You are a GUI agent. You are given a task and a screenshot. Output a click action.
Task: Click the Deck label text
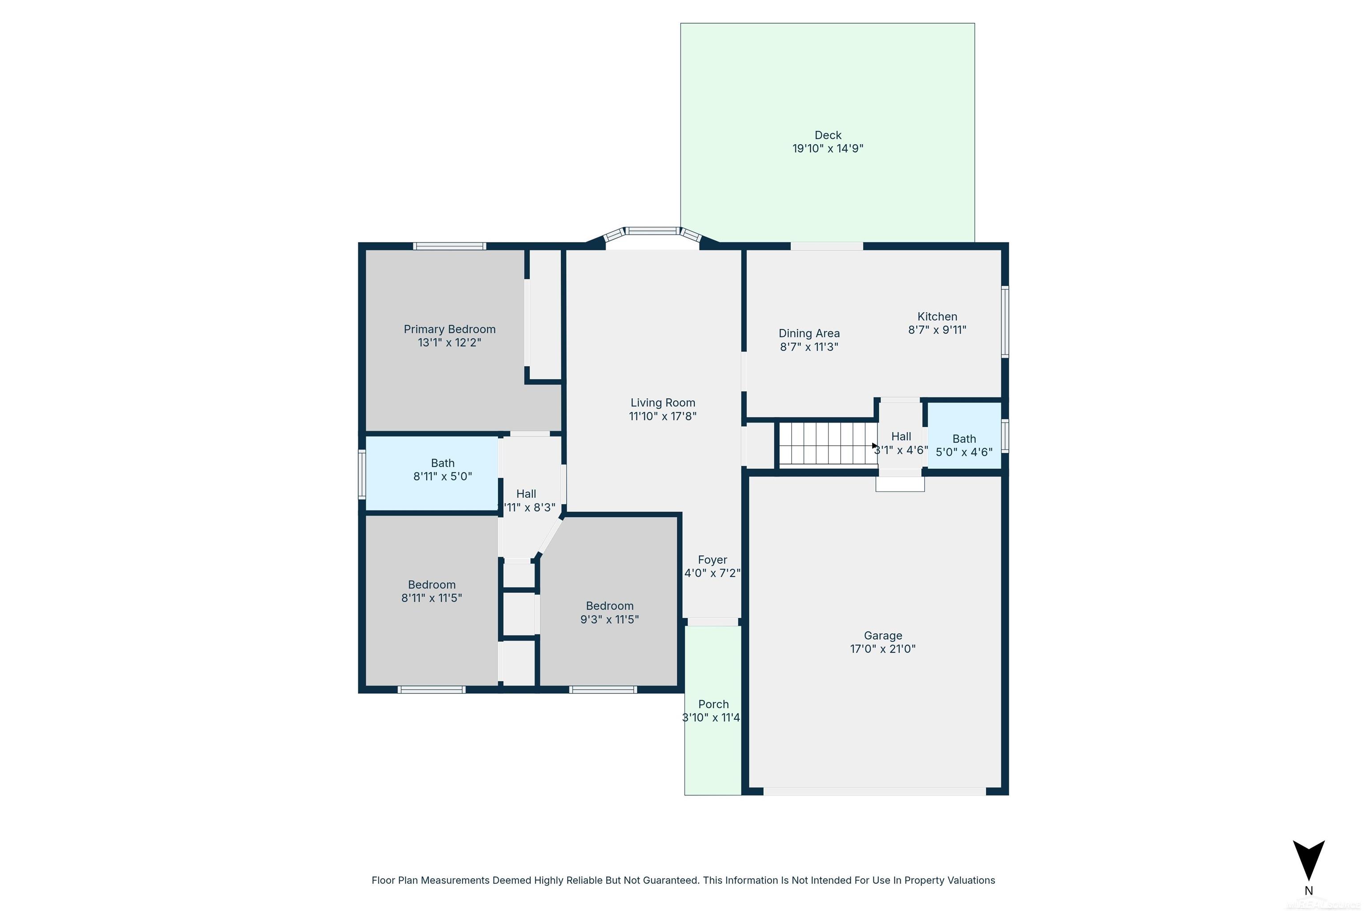click(x=828, y=135)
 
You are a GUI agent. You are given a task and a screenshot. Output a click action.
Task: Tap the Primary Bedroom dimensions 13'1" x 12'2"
click(x=449, y=342)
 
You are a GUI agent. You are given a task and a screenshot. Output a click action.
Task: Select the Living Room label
click(x=663, y=403)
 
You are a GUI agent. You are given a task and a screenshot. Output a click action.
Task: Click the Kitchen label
click(x=937, y=317)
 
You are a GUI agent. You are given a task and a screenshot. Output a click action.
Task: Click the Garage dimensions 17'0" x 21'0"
click(x=882, y=649)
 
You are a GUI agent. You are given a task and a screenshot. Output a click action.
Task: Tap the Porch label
click(x=713, y=704)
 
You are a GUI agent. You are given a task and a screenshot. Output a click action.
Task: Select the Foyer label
click(x=712, y=560)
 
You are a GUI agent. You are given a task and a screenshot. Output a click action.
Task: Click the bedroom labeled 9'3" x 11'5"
click(x=609, y=613)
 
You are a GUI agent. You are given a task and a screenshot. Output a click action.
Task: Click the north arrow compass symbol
click(x=1308, y=859)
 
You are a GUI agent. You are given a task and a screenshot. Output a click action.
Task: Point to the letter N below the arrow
click(x=1308, y=891)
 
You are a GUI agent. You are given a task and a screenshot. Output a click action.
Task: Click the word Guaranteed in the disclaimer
click(x=671, y=880)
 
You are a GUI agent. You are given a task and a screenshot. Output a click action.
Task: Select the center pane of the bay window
click(x=653, y=231)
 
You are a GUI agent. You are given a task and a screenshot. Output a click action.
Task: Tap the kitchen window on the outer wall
click(x=1005, y=321)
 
